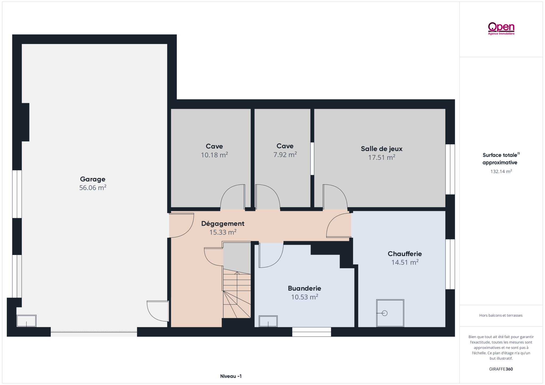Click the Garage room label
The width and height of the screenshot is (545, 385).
click(93, 179)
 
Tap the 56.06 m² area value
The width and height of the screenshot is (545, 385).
click(93, 188)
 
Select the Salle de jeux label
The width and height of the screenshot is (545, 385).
click(382, 149)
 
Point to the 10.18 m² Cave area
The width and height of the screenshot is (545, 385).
click(214, 155)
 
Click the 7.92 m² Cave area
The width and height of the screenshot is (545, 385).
click(285, 154)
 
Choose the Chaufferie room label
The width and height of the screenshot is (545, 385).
click(405, 254)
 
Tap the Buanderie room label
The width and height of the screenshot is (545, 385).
click(304, 288)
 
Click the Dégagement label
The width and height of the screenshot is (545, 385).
click(223, 224)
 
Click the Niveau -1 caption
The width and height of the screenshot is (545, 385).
click(231, 376)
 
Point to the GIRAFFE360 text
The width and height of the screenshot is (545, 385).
click(501, 369)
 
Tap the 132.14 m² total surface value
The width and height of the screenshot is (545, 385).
click(501, 171)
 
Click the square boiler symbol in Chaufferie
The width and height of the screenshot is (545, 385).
click(390, 313)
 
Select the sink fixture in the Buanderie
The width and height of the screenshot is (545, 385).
click(268, 321)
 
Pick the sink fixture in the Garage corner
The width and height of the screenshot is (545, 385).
click(26, 321)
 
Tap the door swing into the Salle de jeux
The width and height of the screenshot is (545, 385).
click(335, 196)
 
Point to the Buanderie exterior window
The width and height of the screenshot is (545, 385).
click(312, 332)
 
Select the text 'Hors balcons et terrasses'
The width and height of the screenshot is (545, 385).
click(501, 315)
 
